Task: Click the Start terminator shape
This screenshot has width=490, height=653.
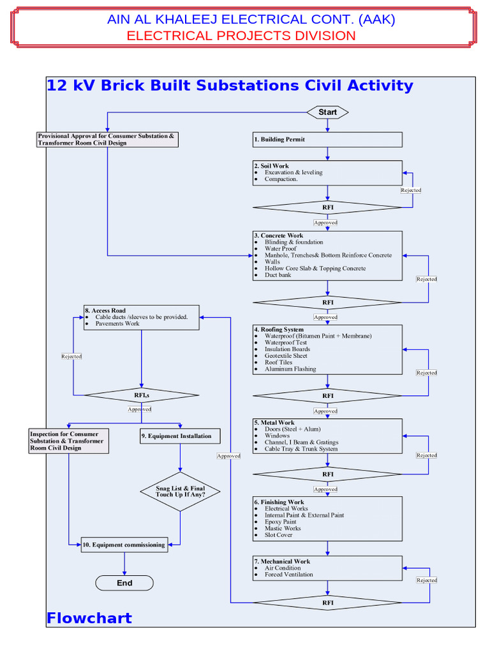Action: (327, 112)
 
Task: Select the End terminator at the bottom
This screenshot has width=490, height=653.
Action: (124, 583)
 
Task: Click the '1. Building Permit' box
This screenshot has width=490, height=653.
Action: (327, 139)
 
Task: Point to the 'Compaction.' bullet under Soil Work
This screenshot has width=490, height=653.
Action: (281, 179)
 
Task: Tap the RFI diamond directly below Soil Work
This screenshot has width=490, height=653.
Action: (327, 207)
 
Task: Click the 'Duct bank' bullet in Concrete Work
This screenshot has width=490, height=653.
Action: (278, 275)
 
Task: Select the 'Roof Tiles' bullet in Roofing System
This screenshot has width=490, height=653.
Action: (278, 362)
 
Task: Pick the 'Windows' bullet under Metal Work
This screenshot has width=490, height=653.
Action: (277, 436)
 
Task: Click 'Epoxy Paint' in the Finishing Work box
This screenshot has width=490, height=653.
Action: (281, 522)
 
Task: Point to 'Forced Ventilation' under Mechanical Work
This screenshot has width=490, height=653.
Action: (289, 575)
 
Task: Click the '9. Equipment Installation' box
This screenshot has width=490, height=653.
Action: (180, 436)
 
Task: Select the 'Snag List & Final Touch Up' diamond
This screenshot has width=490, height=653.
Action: (180, 492)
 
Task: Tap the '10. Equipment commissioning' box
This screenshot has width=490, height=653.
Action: (124, 545)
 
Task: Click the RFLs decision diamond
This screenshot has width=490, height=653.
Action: (142, 395)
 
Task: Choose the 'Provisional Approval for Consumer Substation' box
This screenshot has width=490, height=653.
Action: (107, 140)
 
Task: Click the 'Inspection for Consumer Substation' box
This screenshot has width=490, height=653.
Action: (68, 441)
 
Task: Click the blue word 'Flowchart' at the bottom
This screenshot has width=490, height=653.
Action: (89, 618)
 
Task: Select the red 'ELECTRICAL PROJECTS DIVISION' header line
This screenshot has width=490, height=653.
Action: (241, 36)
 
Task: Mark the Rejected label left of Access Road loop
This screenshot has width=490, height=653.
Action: (71, 356)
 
